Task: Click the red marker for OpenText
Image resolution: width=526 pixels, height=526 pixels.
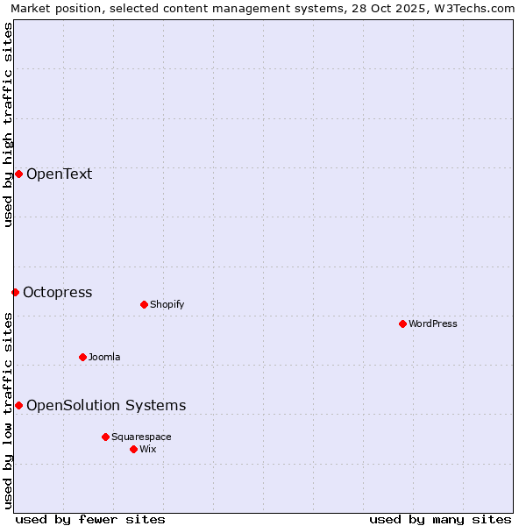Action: click(x=18, y=174)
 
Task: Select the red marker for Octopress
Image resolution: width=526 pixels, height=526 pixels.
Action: click(x=15, y=292)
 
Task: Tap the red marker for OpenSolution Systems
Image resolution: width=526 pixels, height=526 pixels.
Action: click(x=18, y=405)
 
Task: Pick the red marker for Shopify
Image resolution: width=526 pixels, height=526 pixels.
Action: click(x=144, y=304)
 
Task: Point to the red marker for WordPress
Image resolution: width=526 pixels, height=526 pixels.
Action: click(x=402, y=323)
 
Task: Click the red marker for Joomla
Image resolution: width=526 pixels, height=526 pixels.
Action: click(x=82, y=357)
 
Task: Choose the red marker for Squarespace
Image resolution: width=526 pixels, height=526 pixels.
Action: click(x=105, y=437)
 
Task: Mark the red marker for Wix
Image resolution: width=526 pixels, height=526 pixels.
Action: click(x=133, y=449)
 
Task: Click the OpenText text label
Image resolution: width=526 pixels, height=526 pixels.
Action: click(x=59, y=174)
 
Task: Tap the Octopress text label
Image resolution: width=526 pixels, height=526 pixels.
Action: click(x=57, y=292)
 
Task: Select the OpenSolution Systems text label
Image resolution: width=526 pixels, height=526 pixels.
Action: click(x=106, y=405)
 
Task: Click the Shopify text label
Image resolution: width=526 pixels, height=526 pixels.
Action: click(x=167, y=304)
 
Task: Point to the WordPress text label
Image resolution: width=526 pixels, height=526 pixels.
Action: click(x=432, y=323)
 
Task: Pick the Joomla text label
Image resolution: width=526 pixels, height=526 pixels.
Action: click(x=104, y=357)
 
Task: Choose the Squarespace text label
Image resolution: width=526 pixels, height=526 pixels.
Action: click(x=141, y=437)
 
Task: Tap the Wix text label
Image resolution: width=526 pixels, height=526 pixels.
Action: click(x=147, y=449)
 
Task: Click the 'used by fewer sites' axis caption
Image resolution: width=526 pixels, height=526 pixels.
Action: click(x=90, y=519)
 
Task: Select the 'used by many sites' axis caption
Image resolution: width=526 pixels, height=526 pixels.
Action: click(x=440, y=519)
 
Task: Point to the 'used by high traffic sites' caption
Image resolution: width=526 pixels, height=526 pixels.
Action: click(x=8, y=124)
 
